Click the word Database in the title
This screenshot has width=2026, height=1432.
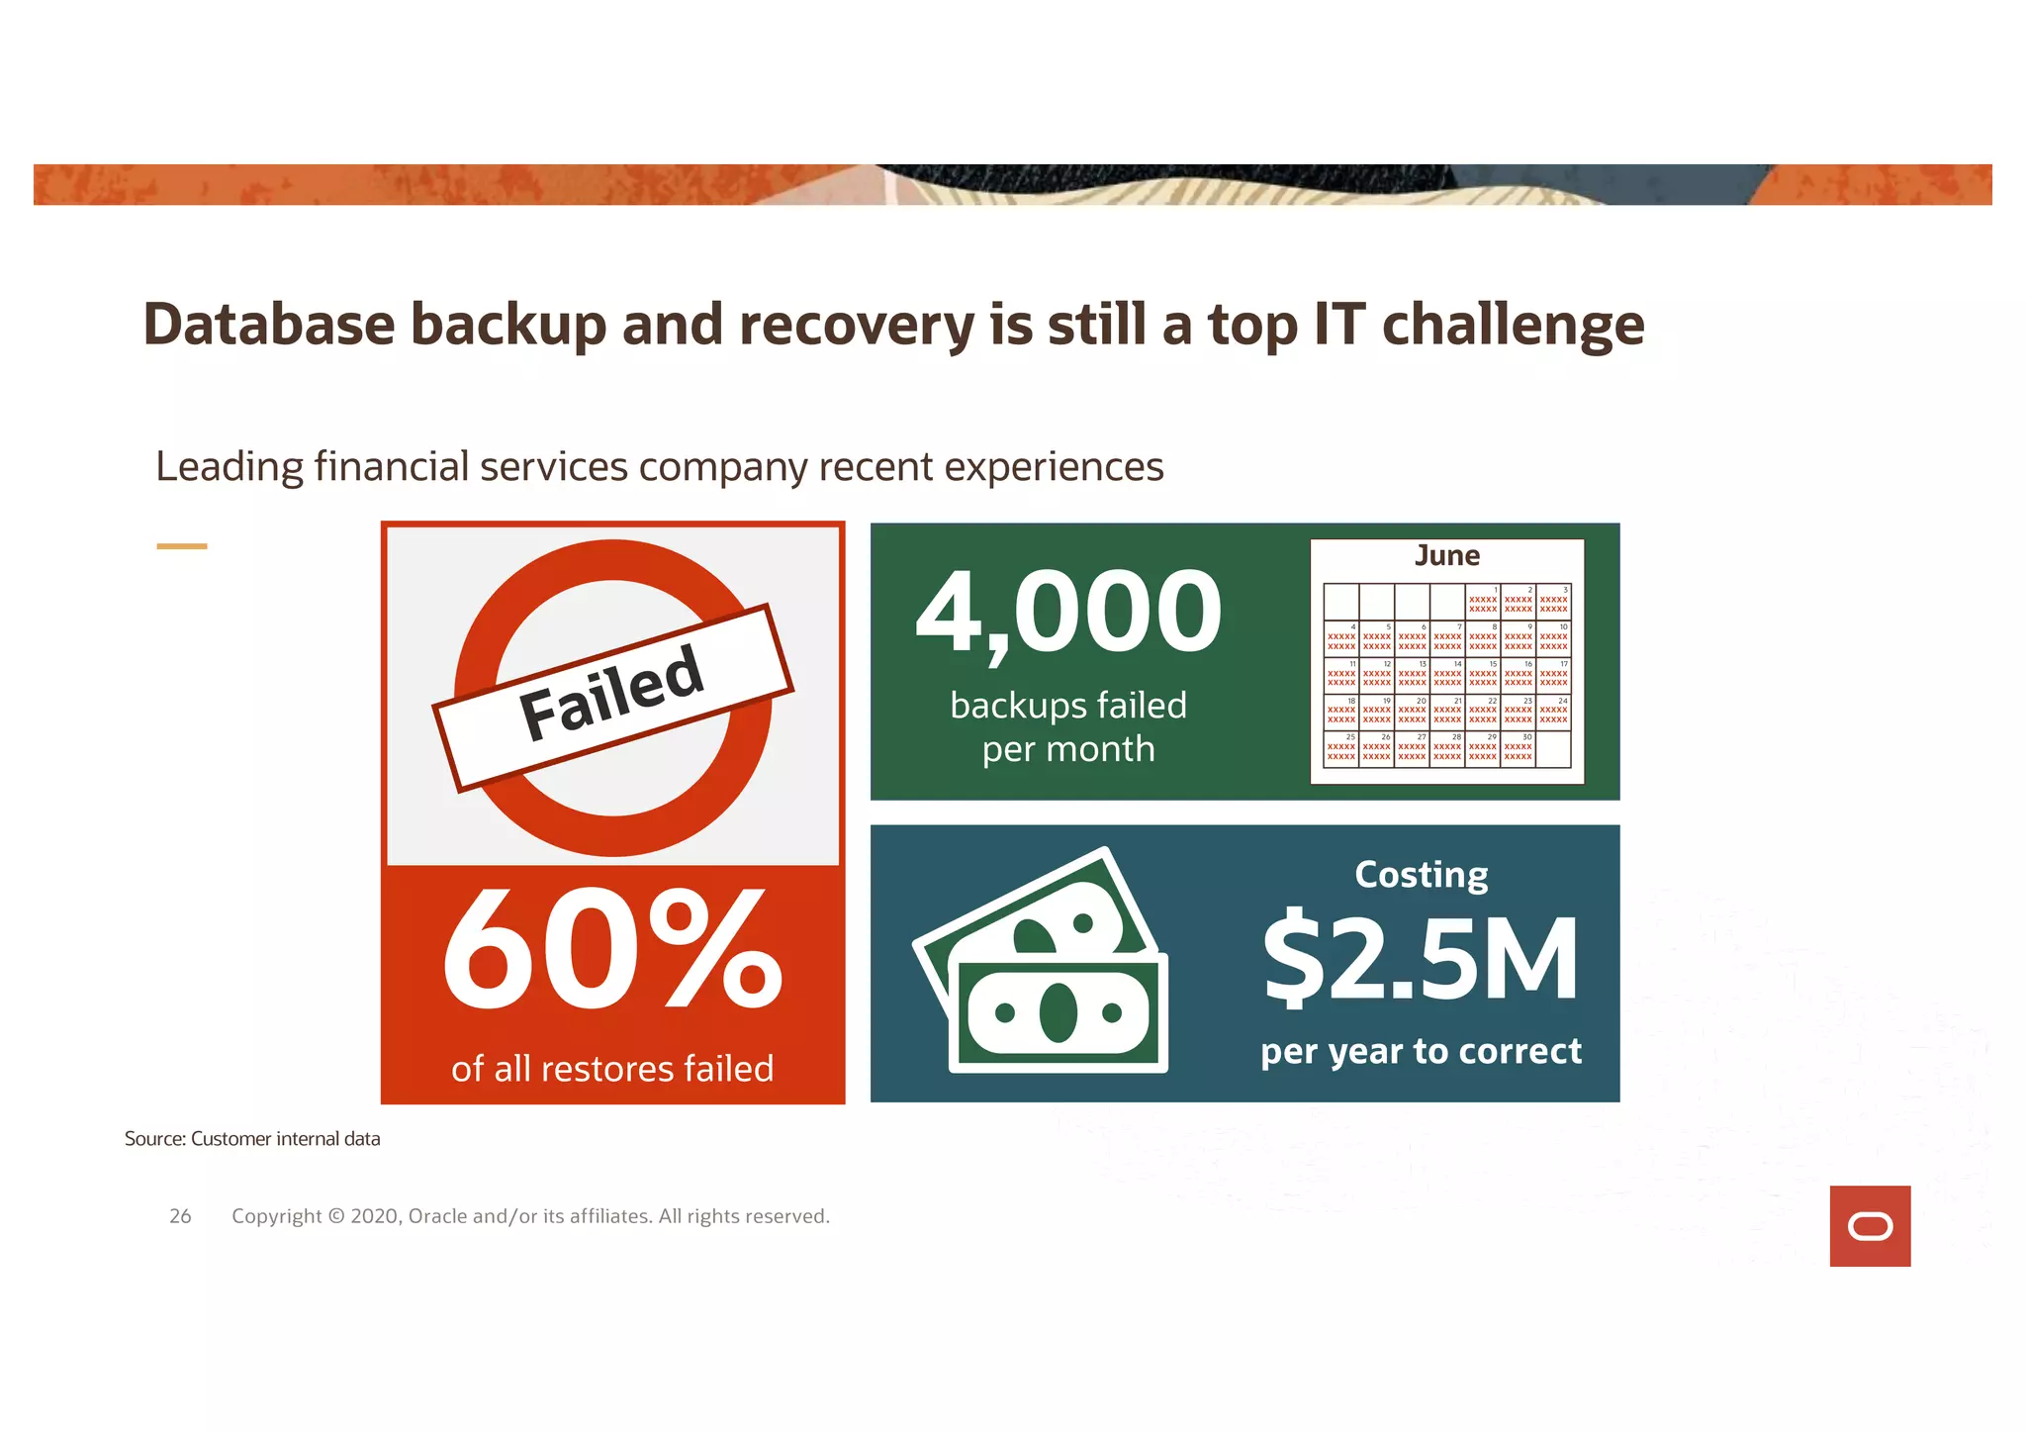pyautogui.click(x=268, y=325)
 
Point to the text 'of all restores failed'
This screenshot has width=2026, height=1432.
pyautogui.click(x=612, y=1069)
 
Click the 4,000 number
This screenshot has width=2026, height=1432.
pyautogui.click(x=1068, y=613)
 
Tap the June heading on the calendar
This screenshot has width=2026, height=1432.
pyautogui.click(x=1446, y=555)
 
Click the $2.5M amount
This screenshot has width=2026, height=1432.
pyautogui.click(x=1421, y=959)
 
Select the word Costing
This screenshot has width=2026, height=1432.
pyautogui.click(x=1421, y=875)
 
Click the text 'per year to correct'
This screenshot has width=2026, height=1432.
pyautogui.click(x=1421, y=1051)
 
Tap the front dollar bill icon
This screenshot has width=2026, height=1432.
pyautogui.click(x=1059, y=1013)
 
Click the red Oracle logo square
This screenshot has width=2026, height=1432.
pyautogui.click(x=1870, y=1226)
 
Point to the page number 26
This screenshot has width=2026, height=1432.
pyautogui.click(x=180, y=1216)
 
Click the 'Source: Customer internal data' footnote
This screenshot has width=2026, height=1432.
pyautogui.click(x=252, y=1139)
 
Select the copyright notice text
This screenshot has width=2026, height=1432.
pyautogui.click(x=530, y=1216)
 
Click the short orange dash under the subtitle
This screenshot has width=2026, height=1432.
pyautogui.click(x=182, y=546)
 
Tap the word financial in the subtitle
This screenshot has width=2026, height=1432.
pyautogui.click(x=391, y=467)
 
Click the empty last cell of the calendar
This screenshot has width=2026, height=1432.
pyautogui.click(x=1553, y=749)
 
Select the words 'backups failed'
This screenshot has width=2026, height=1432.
pyautogui.click(x=1068, y=706)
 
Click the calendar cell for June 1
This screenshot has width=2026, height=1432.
pyautogui.click(x=1482, y=602)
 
